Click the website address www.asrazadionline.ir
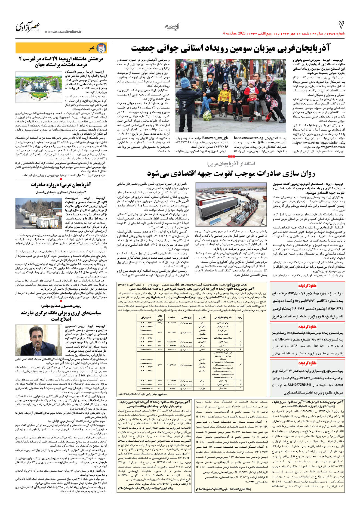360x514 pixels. [x=63, y=31]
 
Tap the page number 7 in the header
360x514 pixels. [x=341, y=25]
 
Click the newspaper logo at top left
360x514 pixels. [x=28, y=27]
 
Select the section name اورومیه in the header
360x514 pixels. [x=172, y=27]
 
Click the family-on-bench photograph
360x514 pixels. [x=231, y=99]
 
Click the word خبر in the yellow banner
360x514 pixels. [x=92, y=48]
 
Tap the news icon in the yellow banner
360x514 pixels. [x=101, y=48]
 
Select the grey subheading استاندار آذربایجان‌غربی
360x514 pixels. [x=231, y=164]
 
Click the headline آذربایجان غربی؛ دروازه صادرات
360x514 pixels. [x=61, y=185]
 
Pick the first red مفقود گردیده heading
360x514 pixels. [x=307, y=286]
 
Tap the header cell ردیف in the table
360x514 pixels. [x=239, y=317]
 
